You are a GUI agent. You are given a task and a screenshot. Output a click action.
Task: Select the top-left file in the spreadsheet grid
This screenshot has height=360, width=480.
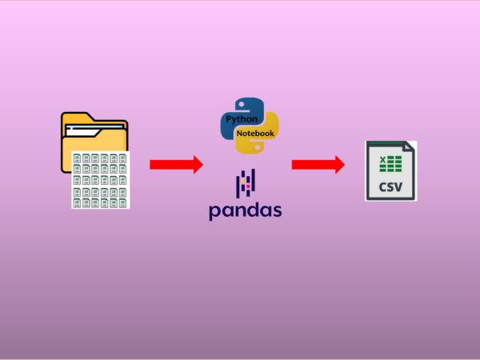click(78, 158)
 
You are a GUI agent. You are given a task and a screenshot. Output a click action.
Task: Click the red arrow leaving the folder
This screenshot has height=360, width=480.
click(176, 165)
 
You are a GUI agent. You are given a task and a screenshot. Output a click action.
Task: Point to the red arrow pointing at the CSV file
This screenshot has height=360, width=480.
click(318, 165)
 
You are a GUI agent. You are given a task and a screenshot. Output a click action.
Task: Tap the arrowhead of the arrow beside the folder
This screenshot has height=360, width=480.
click(196, 165)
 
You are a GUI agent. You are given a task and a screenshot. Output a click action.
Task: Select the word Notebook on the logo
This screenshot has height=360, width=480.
click(255, 132)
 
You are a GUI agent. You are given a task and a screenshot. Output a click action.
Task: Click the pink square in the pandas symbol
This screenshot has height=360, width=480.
click(246, 187)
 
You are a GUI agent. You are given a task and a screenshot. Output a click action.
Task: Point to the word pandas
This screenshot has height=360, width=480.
click(246, 211)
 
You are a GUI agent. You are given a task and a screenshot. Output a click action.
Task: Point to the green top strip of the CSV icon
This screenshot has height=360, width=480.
click(384, 143)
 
